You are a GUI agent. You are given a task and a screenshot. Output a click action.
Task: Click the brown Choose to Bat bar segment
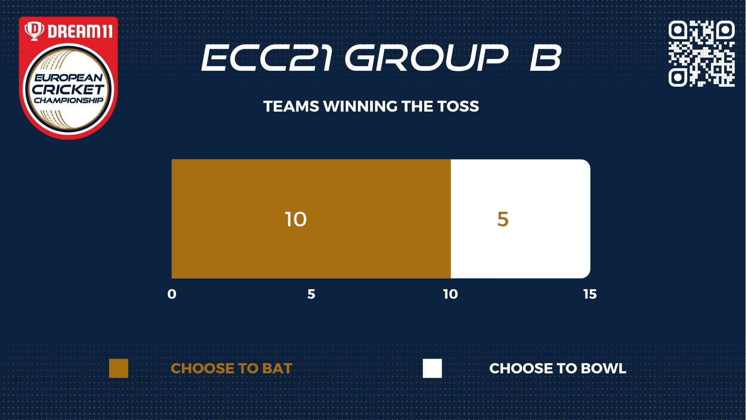pyautogui.click(x=311, y=219)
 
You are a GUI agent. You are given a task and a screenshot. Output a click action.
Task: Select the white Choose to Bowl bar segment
pyautogui.click(x=521, y=219)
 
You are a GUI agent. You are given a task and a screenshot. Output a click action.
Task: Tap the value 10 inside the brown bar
pyautogui.click(x=296, y=219)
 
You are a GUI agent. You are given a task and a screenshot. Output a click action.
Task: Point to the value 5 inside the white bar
pyautogui.click(x=503, y=219)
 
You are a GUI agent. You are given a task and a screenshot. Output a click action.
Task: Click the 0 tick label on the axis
pyautogui.click(x=172, y=294)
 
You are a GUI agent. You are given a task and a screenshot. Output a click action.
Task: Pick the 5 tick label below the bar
pyautogui.click(x=311, y=294)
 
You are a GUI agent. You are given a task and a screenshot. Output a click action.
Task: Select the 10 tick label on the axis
pyautogui.click(x=451, y=294)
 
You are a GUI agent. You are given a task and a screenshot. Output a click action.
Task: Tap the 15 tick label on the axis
pyautogui.click(x=590, y=294)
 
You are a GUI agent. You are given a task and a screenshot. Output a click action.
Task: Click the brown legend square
pyautogui.click(x=119, y=368)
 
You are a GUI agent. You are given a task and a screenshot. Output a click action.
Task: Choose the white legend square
pyautogui.click(x=432, y=368)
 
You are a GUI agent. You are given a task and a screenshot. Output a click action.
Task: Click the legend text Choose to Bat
pyautogui.click(x=232, y=369)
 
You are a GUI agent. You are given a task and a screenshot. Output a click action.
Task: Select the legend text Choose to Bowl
pyautogui.click(x=558, y=369)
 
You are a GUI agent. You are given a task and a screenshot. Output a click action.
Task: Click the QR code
pyautogui.click(x=701, y=54)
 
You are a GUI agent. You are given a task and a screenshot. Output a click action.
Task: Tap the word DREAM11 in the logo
pyautogui.click(x=80, y=31)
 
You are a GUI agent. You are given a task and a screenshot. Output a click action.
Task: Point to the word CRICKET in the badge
pyautogui.click(x=68, y=89)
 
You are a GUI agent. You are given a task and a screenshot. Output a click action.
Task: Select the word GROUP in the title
pyautogui.click(x=426, y=58)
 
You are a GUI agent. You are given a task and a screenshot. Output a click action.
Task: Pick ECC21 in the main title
pyautogui.click(x=267, y=58)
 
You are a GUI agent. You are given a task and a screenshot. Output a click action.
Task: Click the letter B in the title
pyautogui.click(x=546, y=58)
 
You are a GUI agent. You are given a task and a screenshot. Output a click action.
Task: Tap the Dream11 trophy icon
pyautogui.click(x=35, y=31)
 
